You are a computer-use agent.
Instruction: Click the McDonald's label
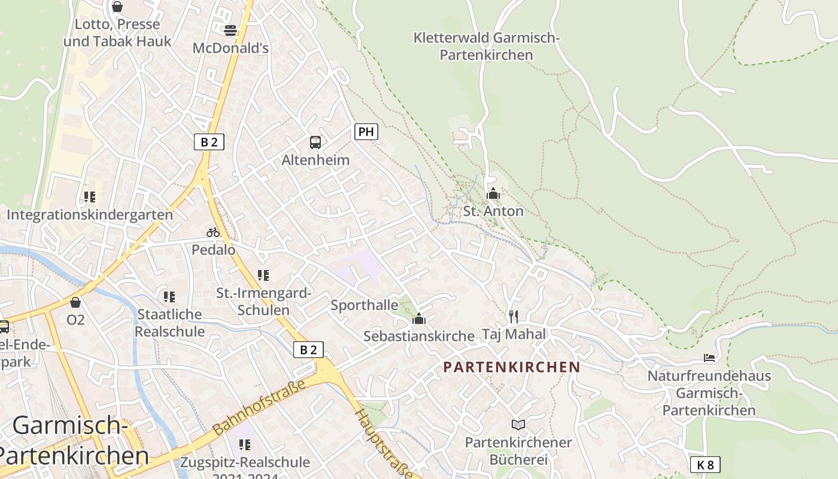230,48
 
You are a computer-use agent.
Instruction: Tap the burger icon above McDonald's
230,30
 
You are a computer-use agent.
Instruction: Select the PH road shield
366,132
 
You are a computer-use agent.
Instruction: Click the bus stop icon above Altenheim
315,143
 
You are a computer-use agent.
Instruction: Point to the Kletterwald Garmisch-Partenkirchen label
486,46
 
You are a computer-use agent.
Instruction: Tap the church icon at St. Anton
493,193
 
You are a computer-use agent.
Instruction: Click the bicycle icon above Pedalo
213,232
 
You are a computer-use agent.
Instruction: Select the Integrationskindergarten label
90,214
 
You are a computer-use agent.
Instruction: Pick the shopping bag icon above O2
75,302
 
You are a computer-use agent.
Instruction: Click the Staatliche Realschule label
170,323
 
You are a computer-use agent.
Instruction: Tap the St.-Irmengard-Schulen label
263,302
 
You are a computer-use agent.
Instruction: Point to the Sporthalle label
365,305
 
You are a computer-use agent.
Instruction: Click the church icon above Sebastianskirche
419,319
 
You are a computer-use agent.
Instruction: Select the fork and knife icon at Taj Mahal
513,316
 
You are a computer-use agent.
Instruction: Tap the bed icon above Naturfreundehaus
709,358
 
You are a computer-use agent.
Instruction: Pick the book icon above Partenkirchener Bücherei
518,425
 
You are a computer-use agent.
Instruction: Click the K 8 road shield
705,465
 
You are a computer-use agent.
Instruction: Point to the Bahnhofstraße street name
260,407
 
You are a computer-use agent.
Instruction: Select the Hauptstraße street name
383,443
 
